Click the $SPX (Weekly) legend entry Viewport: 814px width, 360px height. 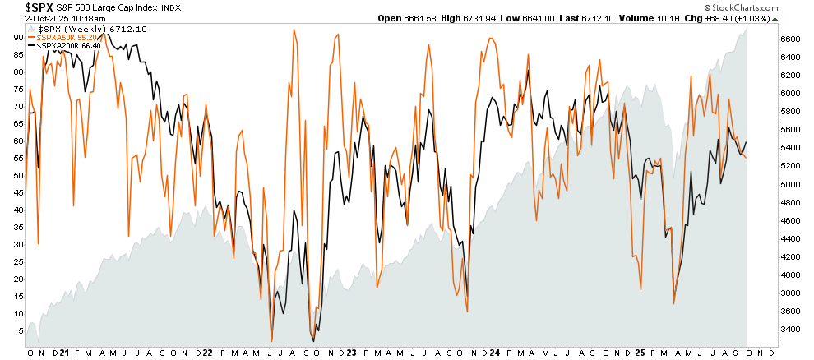78,29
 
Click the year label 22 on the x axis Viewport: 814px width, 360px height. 209,353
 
